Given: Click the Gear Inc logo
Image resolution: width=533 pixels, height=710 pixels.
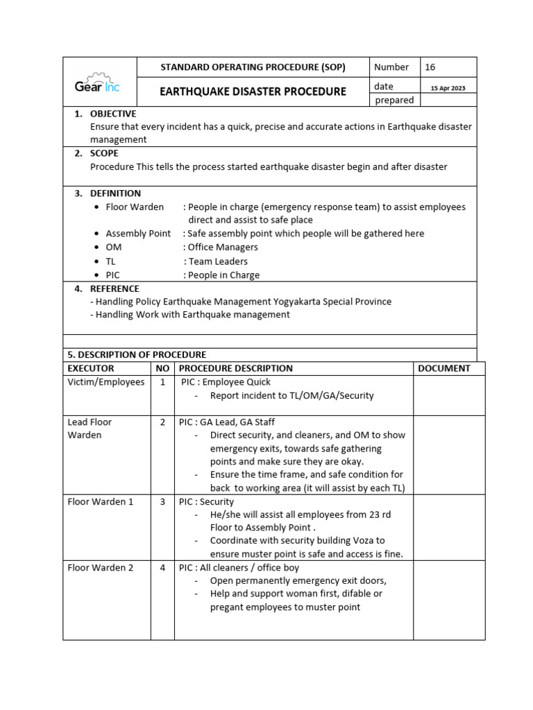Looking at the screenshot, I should pyautogui.click(x=98, y=86).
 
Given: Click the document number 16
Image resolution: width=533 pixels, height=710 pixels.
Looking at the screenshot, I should pyautogui.click(x=430, y=67).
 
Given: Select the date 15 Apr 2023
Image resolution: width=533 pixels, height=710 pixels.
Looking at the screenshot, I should pyautogui.click(x=448, y=88).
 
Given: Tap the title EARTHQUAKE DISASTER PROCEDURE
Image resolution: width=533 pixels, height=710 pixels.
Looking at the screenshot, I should pyautogui.click(x=253, y=92).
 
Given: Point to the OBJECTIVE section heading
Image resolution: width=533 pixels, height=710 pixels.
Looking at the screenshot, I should pyautogui.click(x=113, y=114).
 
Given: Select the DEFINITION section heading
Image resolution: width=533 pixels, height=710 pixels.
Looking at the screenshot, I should pyautogui.click(x=115, y=193).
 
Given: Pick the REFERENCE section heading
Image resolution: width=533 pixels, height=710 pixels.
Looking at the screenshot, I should pyautogui.click(x=115, y=288).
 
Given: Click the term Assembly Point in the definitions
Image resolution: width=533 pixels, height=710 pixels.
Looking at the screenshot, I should pyautogui.click(x=138, y=234).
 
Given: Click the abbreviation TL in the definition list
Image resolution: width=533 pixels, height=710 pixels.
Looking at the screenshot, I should pyautogui.click(x=110, y=261).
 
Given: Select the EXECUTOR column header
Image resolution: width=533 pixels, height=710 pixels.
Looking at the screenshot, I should pyautogui.click(x=91, y=369).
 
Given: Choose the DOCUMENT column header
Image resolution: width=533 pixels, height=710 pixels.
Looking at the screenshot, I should pyautogui.click(x=444, y=369).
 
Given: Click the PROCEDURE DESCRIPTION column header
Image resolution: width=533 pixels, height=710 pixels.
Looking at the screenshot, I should pyautogui.click(x=236, y=369).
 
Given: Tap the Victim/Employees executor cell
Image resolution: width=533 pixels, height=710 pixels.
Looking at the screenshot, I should pyautogui.click(x=106, y=382).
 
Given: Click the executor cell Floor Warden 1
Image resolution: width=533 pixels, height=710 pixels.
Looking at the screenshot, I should pyautogui.click(x=101, y=502).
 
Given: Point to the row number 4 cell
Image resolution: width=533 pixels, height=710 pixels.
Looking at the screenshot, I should pyautogui.click(x=162, y=568).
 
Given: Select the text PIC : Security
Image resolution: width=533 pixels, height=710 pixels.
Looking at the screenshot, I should pyautogui.click(x=207, y=502).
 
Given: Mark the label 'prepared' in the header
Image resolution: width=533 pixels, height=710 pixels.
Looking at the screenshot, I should pyautogui.click(x=394, y=101).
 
